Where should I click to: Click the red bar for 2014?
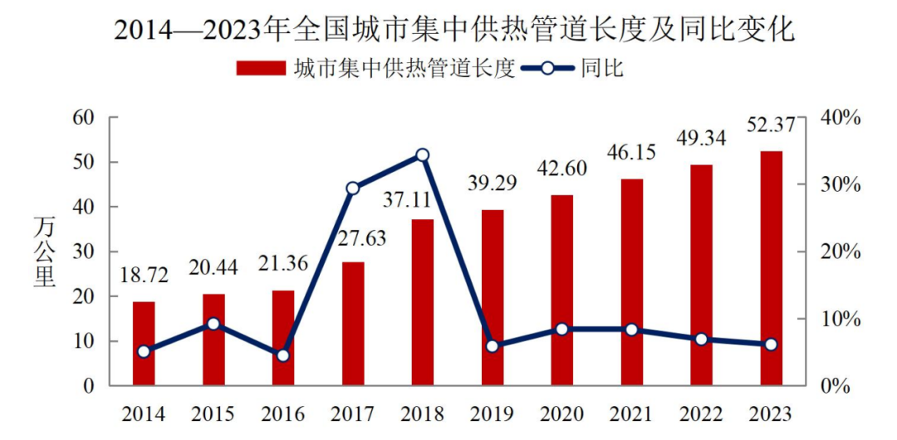point(144,344)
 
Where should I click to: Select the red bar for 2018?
point(422,302)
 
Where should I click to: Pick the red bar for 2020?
point(561,290)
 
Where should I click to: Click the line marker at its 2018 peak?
point(422,155)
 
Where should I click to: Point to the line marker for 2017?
point(352,188)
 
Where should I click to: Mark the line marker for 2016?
point(282,355)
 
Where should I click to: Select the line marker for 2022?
point(701,339)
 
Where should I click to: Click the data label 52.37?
point(772,125)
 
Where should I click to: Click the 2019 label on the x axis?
point(493,413)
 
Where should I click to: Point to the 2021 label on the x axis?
point(631,413)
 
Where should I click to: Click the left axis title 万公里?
point(45,252)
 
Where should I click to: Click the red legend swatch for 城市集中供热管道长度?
point(261,68)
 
